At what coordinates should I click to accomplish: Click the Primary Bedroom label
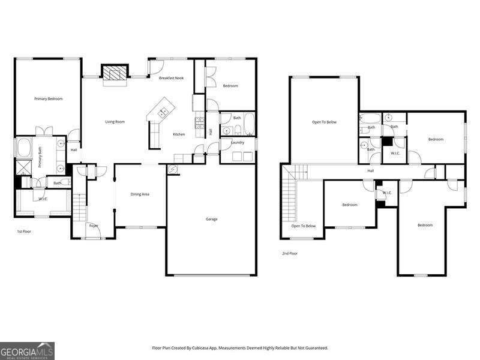pos(48,98)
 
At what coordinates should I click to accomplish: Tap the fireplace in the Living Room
pos(114,73)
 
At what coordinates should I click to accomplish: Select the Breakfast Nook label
pos(171,79)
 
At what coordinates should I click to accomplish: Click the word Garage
pos(211,219)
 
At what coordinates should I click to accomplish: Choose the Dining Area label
pos(140,194)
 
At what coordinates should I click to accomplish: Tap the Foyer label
pos(94,226)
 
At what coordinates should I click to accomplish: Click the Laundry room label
pos(237,142)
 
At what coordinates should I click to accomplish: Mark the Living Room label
pos(115,122)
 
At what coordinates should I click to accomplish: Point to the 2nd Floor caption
pos(290,253)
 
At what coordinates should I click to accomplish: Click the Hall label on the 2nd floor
pos(371,171)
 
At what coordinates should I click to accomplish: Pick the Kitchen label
pos(179,134)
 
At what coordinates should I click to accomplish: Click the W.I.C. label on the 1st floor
pos(43,199)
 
